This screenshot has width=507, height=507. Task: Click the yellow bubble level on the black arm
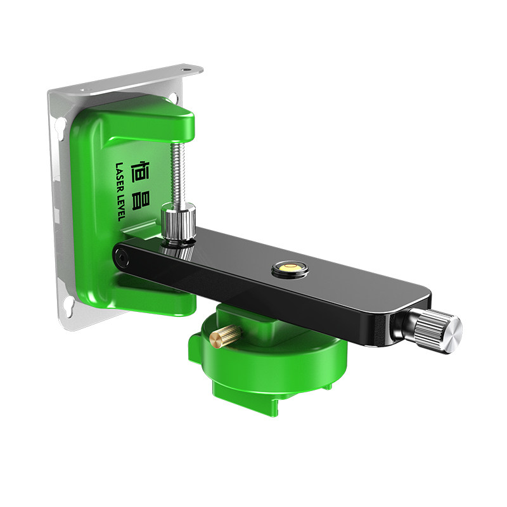(x=290, y=268)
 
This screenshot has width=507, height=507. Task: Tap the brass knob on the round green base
(x=226, y=336)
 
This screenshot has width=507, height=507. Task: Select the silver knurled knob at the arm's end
(x=435, y=330)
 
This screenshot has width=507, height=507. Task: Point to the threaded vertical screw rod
(x=178, y=174)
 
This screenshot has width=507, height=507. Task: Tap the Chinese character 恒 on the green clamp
(x=141, y=172)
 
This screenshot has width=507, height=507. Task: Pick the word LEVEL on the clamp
(x=120, y=208)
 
